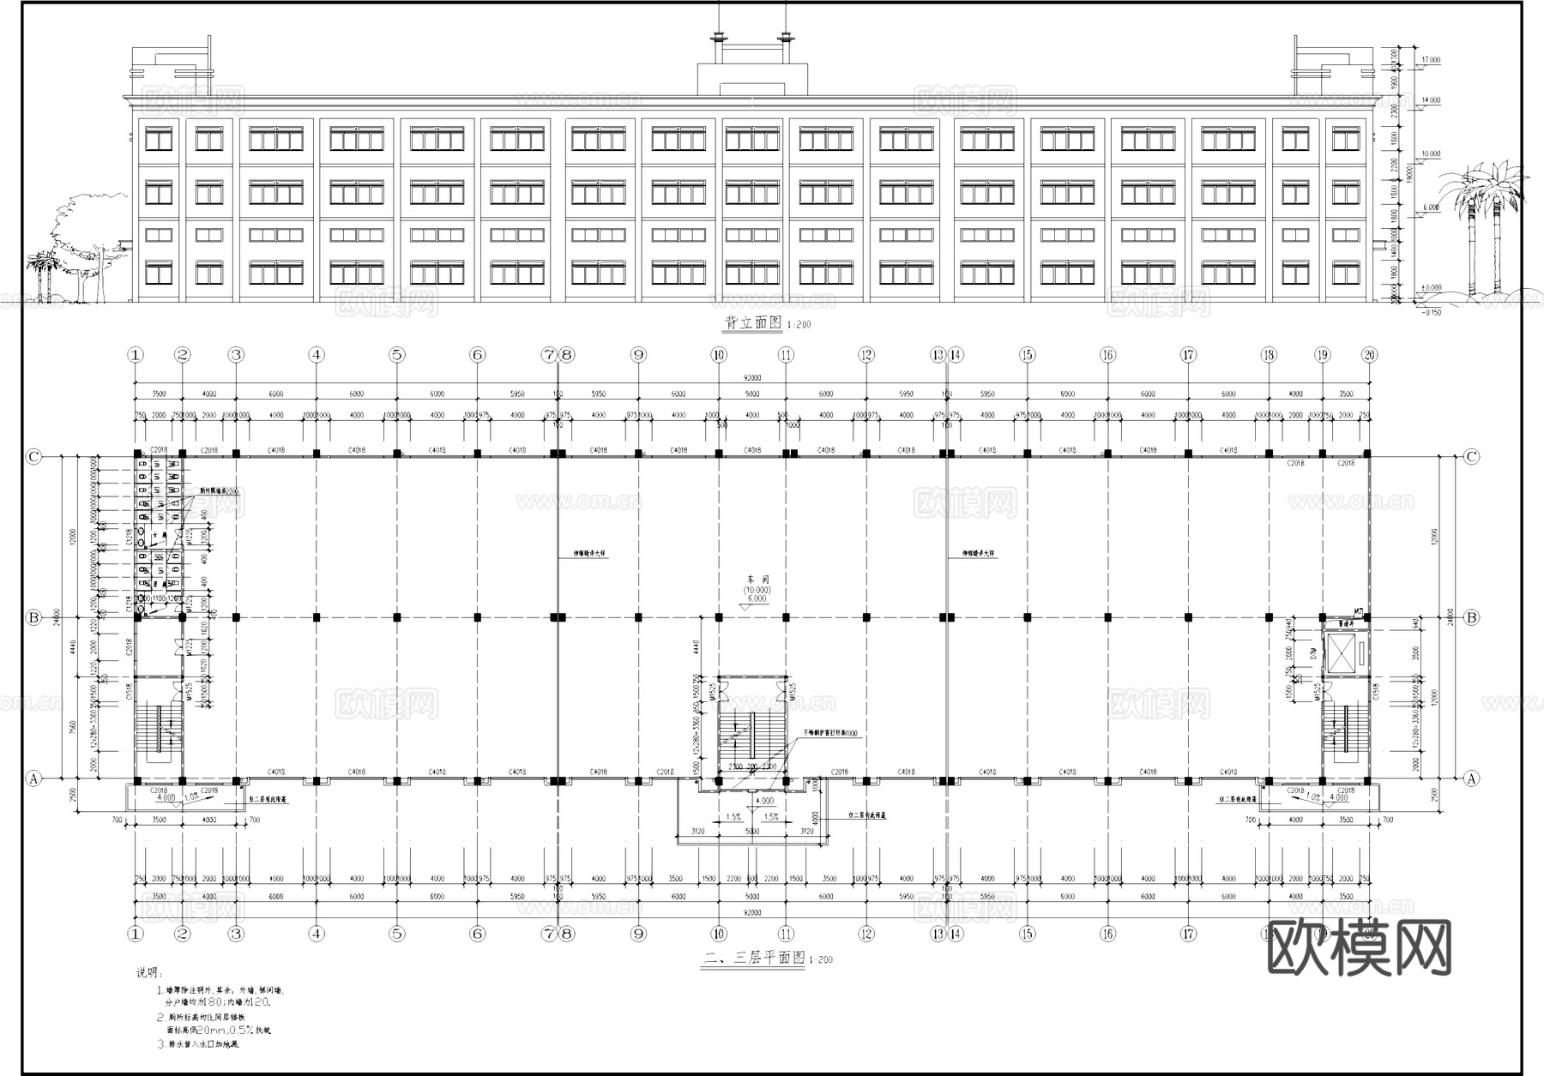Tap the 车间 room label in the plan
(x=757, y=580)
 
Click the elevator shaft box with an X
(x=1342, y=654)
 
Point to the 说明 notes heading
(x=148, y=973)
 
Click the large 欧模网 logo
(x=1359, y=947)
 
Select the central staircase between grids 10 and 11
(x=751, y=729)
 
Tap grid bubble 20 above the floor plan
(x=1369, y=355)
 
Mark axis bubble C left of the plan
(x=33, y=457)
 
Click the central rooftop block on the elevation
(x=752, y=77)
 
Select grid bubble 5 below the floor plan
(x=396, y=934)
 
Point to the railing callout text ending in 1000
(x=830, y=734)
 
